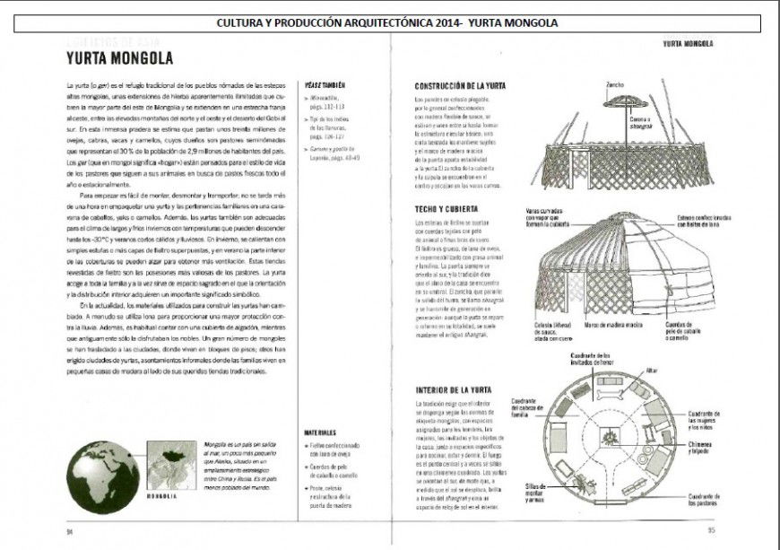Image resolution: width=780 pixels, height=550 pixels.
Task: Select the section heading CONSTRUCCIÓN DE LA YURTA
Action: [460, 86]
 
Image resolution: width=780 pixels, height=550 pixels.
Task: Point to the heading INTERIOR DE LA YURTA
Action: [454, 390]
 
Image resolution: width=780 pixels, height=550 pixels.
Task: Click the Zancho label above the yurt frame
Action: [616, 85]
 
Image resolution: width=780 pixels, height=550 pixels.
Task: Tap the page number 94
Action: [68, 530]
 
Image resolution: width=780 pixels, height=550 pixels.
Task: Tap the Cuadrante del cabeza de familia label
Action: [524, 407]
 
